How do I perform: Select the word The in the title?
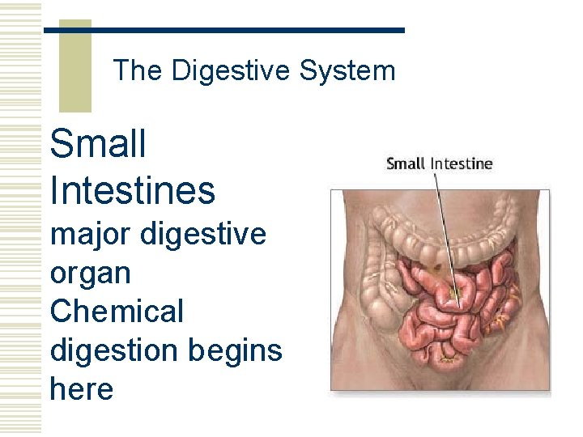tap(138, 71)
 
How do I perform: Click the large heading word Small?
tap(98, 145)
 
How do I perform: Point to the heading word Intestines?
tap(133, 191)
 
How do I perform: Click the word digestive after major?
tap(202, 235)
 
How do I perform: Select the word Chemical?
tap(117, 312)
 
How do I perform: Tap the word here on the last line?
tap(81, 389)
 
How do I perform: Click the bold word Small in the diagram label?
tap(406, 163)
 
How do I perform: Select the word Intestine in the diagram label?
tap(461, 163)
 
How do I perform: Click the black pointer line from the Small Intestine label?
tap(446, 235)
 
